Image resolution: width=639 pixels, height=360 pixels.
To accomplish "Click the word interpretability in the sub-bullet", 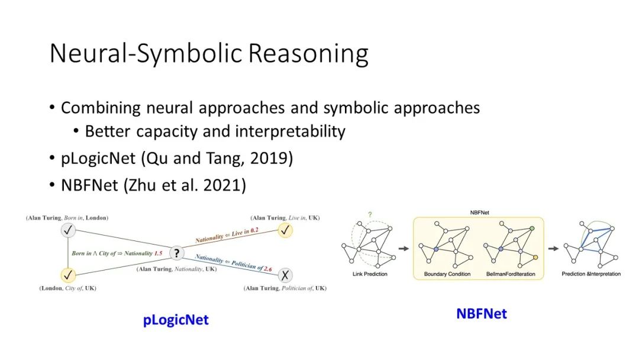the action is coord(290,131).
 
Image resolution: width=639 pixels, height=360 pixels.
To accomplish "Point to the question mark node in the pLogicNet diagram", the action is coord(176,253).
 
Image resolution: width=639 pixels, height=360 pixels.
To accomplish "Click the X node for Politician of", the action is coord(285,275).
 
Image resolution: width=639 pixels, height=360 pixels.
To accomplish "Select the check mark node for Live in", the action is coord(285,230).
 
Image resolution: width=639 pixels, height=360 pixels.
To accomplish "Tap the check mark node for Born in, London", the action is coord(68,230).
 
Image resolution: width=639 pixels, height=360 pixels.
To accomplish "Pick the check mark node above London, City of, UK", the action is coord(68,275).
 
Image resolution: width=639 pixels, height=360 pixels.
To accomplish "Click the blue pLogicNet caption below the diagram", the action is coord(176,320).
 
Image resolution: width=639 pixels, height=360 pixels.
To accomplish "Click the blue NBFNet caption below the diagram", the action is coord(482,314).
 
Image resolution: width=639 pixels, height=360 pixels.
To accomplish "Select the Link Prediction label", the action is coord(370,274).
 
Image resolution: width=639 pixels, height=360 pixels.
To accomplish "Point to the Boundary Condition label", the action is coord(447,274).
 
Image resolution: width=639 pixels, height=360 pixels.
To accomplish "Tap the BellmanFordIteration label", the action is coord(511,274).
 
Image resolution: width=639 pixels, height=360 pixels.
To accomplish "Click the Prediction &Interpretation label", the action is coord(591,274).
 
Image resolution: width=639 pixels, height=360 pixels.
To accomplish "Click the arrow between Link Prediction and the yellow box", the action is coord(404,248).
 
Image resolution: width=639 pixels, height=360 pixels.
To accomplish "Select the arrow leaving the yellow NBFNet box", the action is coord(553,248).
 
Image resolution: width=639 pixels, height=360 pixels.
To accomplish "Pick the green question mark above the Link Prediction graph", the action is coord(370,214).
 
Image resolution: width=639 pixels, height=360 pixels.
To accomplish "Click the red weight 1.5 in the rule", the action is coord(158,253).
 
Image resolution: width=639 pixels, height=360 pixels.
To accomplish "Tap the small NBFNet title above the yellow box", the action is coord(480,213).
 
